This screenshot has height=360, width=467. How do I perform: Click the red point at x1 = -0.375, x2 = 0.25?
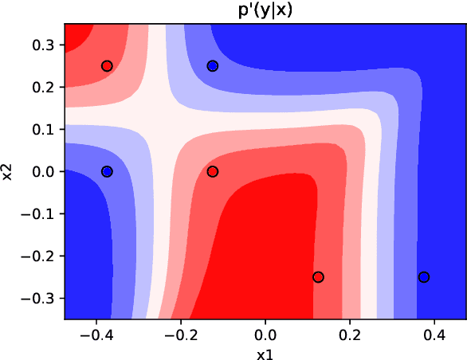(107, 66)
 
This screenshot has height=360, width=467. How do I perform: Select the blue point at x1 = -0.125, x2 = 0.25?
(213, 66)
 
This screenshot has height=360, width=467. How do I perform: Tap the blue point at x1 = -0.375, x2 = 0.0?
(107, 171)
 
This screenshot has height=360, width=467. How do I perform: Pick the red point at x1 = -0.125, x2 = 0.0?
(213, 171)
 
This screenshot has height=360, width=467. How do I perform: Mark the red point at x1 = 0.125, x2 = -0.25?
(318, 277)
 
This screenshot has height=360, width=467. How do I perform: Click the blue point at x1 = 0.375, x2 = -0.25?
(424, 277)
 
